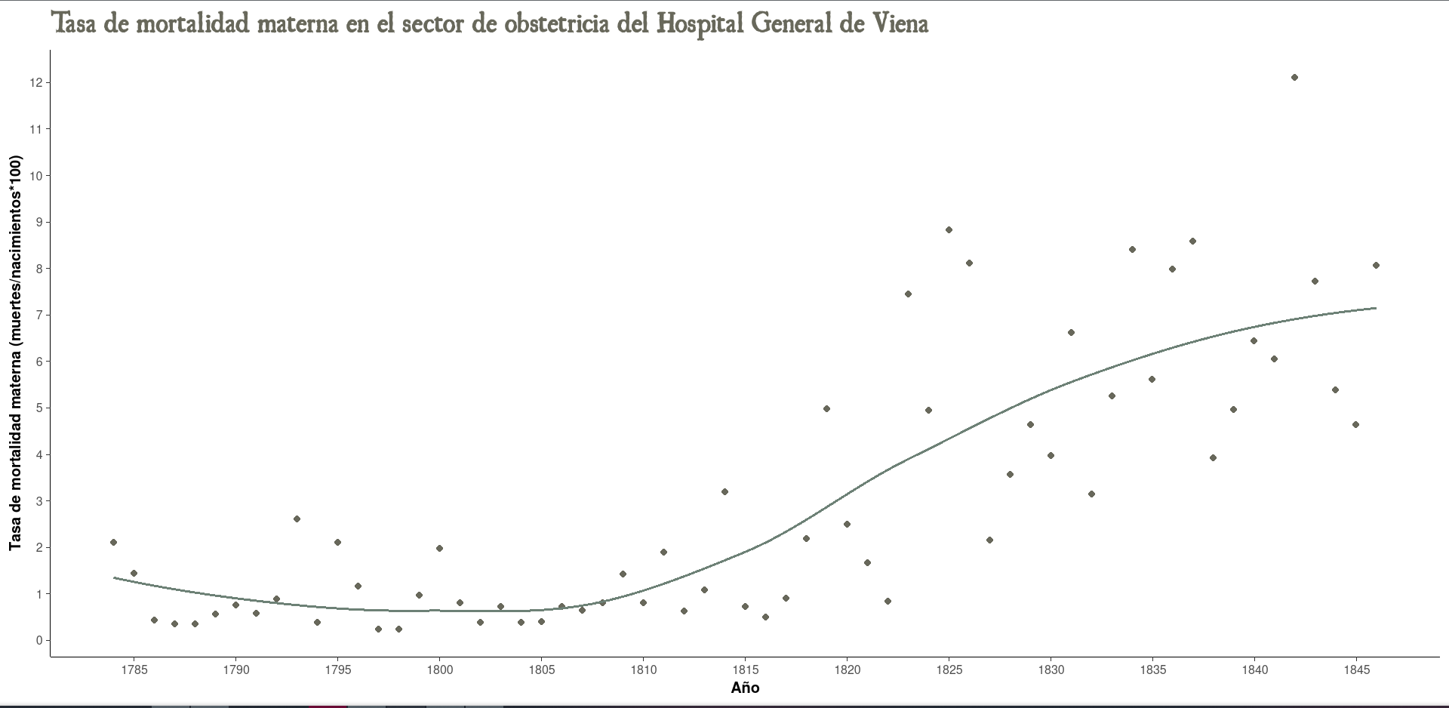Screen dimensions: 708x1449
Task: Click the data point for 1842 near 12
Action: [x=1294, y=78]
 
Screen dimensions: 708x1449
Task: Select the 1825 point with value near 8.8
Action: [x=949, y=230]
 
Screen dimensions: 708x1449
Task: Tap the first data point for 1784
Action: [x=113, y=543]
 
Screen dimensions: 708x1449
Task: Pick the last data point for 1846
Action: [x=1376, y=266]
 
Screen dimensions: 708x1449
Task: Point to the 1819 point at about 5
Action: [x=826, y=409]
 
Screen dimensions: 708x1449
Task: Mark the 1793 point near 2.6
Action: [x=297, y=519]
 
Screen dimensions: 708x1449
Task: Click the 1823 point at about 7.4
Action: [x=908, y=294]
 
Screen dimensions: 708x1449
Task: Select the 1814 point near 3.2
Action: [x=724, y=492]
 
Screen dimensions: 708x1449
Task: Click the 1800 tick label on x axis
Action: [x=439, y=670]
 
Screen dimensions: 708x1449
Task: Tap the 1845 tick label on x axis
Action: [x=1356, y=670]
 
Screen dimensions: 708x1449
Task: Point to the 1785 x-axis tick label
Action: [x=134, y=670]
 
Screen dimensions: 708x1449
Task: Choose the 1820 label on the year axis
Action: [x=847, y=670]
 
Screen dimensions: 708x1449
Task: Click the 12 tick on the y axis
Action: [x=35, y=82]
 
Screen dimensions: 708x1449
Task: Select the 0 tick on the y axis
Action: [x=38, y=641]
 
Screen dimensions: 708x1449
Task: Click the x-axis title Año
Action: [x=745, y=688]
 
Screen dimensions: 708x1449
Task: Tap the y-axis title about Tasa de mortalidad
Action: [x=16, y=353]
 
